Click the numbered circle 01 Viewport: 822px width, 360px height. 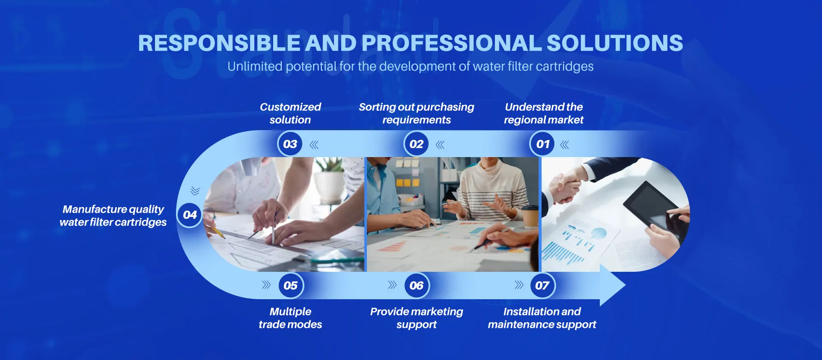click(x=542, y=144)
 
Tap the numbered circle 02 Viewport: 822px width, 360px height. click(x=416, y=144)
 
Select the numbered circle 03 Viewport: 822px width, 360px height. click(x=290, y=144)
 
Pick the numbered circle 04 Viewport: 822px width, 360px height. click(x=190, y=214)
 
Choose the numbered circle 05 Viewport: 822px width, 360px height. click(x=291, y=285)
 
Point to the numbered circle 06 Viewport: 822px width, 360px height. click(x=417, y=285)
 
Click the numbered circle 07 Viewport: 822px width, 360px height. click(x=542, y=285)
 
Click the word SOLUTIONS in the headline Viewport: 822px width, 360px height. click(x=615, y=43)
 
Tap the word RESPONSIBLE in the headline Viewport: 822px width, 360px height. click(x=219, y=43)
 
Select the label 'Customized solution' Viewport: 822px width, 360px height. click(x=290, y=113)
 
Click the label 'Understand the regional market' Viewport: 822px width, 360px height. click(x=544, y=113)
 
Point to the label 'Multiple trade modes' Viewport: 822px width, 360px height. click(x=290, y=318)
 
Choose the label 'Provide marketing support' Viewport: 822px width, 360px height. click(x=417, y=318)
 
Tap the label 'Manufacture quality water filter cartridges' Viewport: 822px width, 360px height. click(x=113, y=216)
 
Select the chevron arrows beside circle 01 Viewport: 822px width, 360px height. click(x=565, y=145)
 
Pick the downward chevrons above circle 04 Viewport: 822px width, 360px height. click(x=195, y=190)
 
